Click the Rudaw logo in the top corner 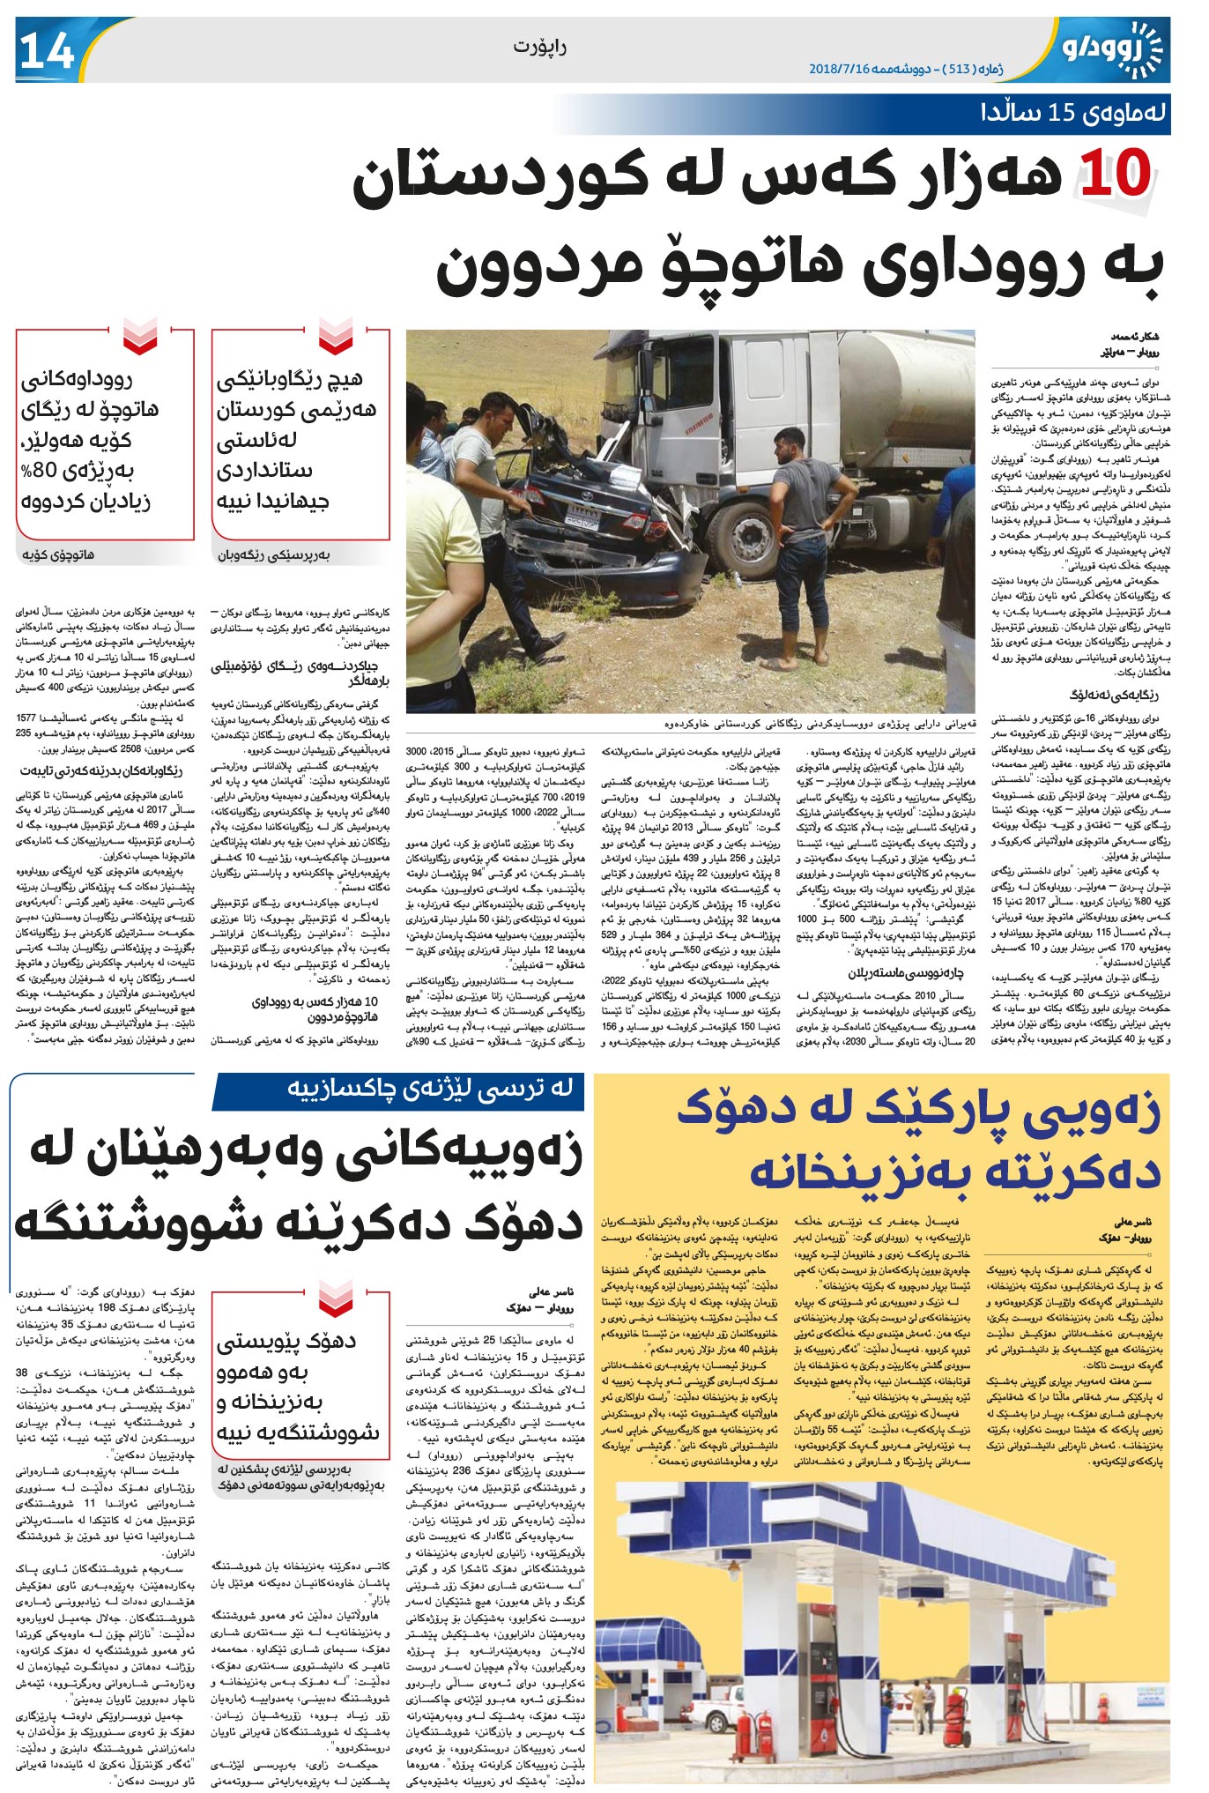pyautogui.click(x=1111, y=51)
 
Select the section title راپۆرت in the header pyautogui.click(x=538, y=47)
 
